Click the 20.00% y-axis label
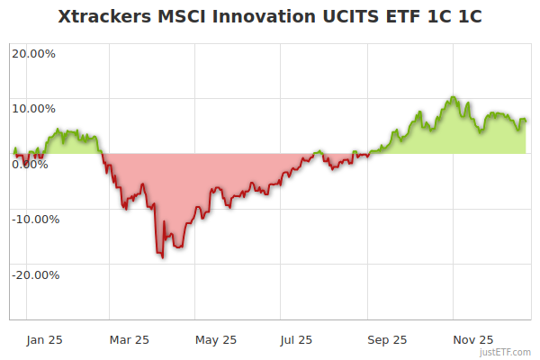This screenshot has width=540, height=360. (x=33, y=53)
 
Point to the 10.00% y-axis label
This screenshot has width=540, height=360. (x=33, y=109)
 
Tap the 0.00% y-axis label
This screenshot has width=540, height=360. (x=31, y=165)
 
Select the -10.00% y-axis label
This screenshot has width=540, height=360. (x=35, y=220)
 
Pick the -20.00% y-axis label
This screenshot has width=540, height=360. (x=35, y=275)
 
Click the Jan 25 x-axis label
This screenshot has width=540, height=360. (x=43, y=339)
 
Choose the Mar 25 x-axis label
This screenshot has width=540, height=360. (x=129, y=339)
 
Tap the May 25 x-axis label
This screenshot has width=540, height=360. (x=215, y=339)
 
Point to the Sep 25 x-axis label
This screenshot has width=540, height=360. (x=386, y=339)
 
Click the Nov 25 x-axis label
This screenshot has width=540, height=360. (x=472, y=339)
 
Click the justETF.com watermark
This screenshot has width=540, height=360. (x=506, y=352)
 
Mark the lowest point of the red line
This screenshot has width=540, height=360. (x=163, y=257)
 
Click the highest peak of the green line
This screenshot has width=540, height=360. (x=454, y=97)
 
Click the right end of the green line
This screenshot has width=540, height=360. (x=526, y=120)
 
